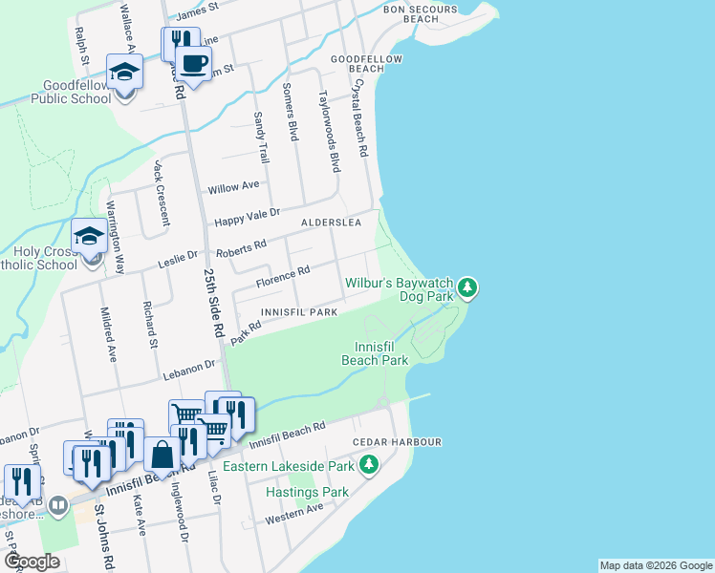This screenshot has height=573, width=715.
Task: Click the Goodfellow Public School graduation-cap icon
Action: pyautogui.click(x=124, y=74)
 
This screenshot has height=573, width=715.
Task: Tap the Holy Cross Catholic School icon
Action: pyautogui.click(x=90, y=236)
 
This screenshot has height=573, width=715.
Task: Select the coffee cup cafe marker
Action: pyautogui.click(x=194, y=64)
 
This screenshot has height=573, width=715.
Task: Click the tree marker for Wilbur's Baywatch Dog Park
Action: pyautogui.click(x=466, y=286)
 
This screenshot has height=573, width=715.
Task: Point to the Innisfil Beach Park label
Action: pyautogui.click(x=375, y=352)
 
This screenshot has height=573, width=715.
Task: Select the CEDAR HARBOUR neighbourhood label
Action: pyautogui.click(x=397, y=442)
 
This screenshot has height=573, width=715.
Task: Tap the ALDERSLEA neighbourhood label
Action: pyautogui.click(x=331, y=222)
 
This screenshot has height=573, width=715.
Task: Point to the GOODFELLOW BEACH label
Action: pyautogui.click(x=357, y=63)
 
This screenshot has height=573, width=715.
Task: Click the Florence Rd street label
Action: pyautogui.click(x=283, y=278)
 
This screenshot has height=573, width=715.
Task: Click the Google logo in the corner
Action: pyautogui.click(x=32, y=562)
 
